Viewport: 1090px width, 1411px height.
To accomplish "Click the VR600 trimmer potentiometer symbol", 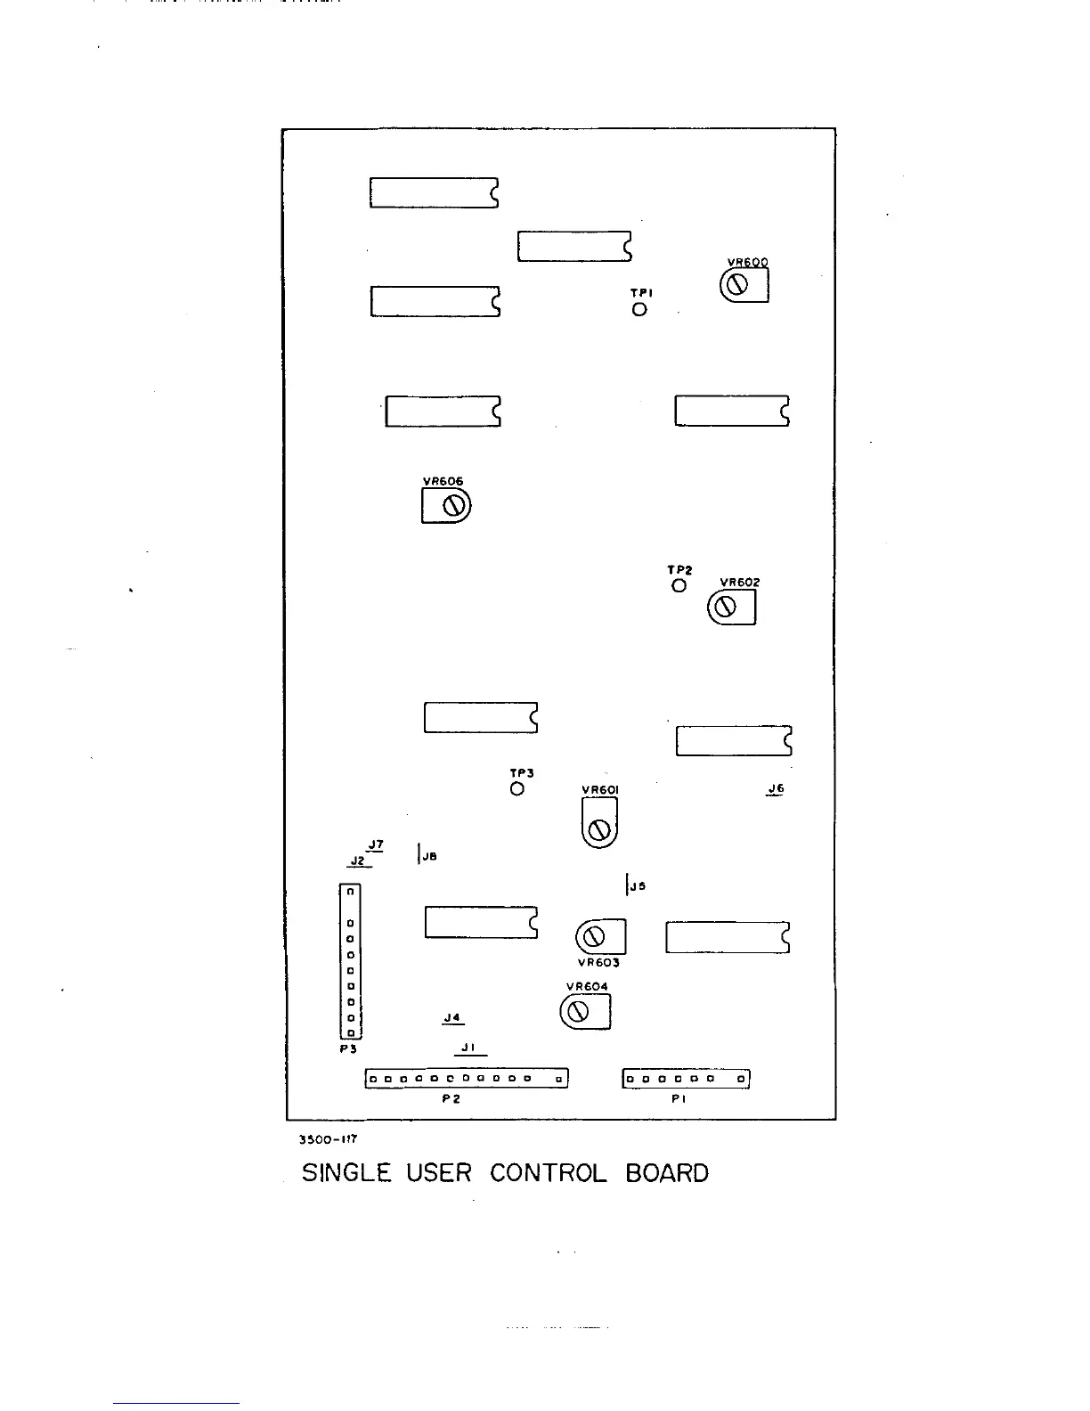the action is tap(743, 285).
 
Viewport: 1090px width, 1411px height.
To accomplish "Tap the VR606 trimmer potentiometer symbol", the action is tap(446, 506).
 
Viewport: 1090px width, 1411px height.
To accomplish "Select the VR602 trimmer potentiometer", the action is tap(731, 607).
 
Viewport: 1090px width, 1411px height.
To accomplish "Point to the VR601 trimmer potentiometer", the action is tap(599, 822).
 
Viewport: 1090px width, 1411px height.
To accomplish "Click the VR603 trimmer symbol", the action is tap(601, 936).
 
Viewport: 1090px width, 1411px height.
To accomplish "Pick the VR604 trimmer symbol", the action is tap(585, 1011).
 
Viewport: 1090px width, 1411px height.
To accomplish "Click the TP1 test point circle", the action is tap(639, 310).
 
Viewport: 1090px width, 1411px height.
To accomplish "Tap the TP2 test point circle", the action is tap(679, 585).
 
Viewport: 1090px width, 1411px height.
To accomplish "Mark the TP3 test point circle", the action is tap(517, 788).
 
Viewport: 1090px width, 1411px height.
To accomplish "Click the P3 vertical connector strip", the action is tap(350, 961).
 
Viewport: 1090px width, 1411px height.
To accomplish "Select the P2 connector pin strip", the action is tap(467, 1079).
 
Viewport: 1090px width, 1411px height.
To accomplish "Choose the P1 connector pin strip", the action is tap(686, 1079).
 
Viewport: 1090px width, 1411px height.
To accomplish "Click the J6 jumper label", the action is tap(776, 788).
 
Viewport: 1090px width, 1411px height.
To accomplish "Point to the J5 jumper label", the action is tap(638, 885).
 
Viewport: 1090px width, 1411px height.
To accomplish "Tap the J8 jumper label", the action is tap(429, 856).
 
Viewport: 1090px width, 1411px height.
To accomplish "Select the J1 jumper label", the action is tap(469, 1048).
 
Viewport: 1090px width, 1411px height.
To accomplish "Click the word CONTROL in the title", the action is tap(548, 1173).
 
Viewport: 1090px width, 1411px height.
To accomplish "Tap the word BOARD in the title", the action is tap(667, 1173).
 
